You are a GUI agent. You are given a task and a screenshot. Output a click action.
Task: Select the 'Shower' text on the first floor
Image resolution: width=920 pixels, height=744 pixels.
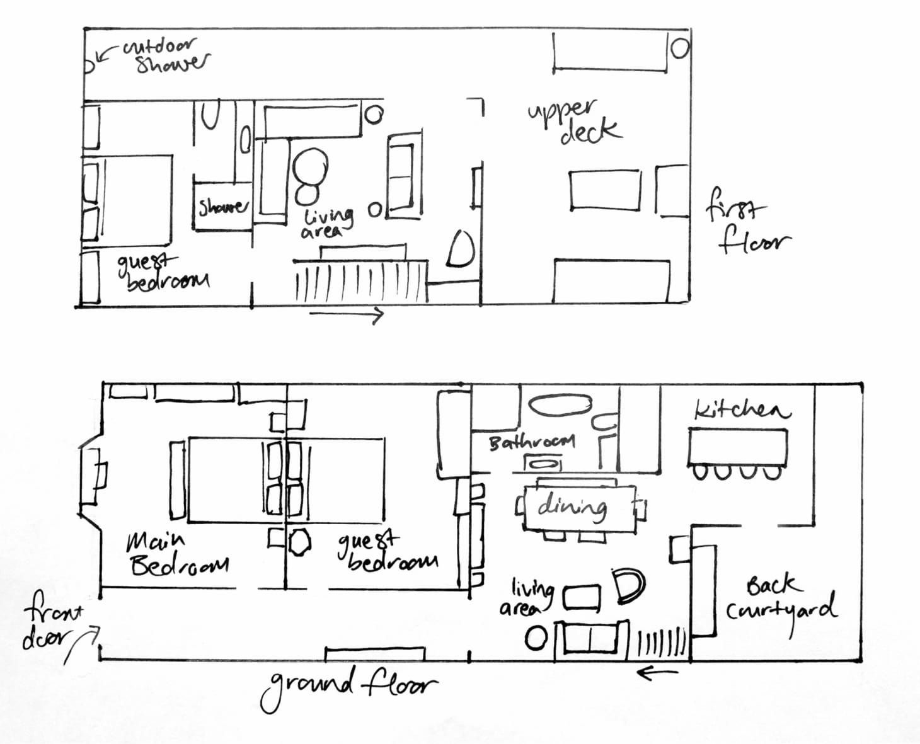pyautogui.click(x=223, y=207)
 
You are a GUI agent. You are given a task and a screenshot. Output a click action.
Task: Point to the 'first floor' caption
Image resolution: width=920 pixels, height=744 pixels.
pyautogui.click(x=749, y=221)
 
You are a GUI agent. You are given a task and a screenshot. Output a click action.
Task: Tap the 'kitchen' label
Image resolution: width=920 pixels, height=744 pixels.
pyautogui.click(x=742, y=409)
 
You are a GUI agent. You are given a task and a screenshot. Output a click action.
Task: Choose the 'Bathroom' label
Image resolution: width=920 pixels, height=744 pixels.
pyautogui.click(x=532, y=442)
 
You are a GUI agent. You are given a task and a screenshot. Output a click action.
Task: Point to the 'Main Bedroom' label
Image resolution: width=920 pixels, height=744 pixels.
pyautogui.click(x=177, y=555)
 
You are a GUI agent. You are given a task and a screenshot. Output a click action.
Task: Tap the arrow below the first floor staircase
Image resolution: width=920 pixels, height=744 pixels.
pyautogui.click(x=347, y=314)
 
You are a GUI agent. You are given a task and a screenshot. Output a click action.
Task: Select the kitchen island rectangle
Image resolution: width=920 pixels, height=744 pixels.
pyautogui.click(x=738, y=447)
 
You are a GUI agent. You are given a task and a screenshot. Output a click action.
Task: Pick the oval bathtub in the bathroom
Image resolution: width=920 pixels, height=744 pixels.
pyautogui.click(x=560, y=406)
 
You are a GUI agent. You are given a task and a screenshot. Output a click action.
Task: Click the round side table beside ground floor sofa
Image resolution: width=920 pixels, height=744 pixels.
pyautogui.click(x=536, y=638)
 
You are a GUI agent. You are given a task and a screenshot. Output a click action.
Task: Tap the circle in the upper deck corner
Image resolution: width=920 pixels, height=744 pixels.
pyautogui.click(x=679, y=48)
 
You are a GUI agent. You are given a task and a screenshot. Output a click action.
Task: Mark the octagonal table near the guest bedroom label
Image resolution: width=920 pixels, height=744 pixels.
pyautogui.click(x=299, y=542)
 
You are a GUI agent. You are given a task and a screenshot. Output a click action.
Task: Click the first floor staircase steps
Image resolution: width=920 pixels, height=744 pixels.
pyautogui.click(x=361, y=282)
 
